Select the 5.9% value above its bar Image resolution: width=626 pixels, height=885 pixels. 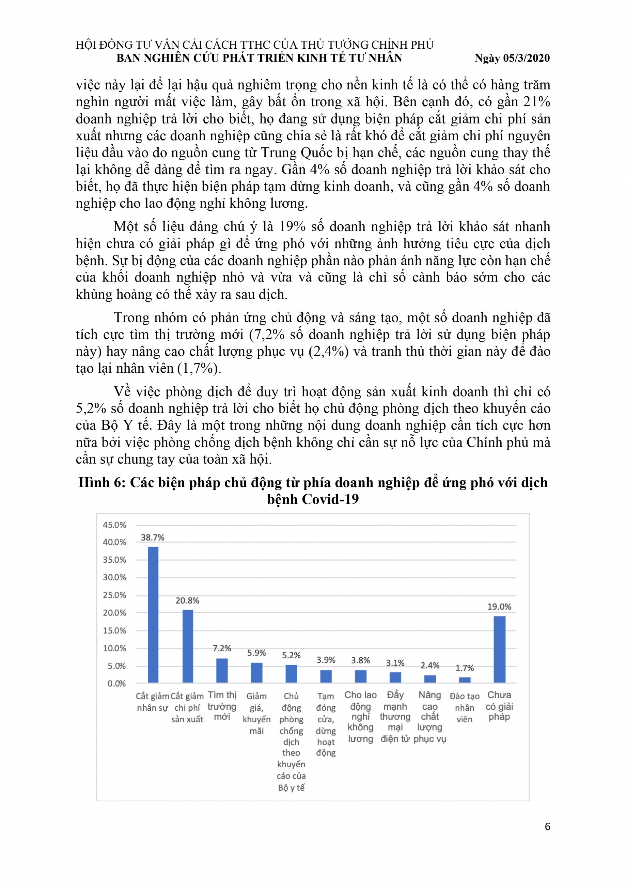[256, 653]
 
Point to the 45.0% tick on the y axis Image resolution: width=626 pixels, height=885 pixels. [114, 525]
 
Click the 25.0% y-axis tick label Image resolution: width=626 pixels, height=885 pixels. [114, 595]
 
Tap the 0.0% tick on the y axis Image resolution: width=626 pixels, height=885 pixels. [116, 684]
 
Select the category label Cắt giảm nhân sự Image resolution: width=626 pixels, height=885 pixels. [153, 702]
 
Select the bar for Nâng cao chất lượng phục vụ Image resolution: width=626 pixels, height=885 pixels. [430, 679]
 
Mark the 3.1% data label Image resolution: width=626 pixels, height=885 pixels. [395, 663]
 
